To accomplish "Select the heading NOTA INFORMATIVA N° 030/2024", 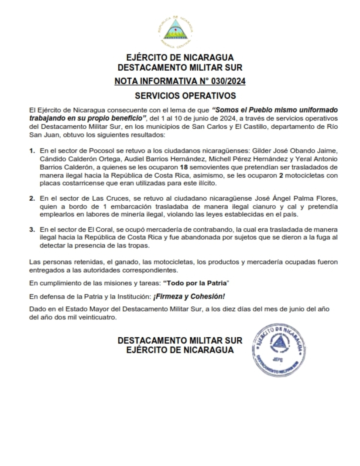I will [180, 81].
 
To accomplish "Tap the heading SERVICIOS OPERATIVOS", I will [180, 96].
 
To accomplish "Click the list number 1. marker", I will [32, 151].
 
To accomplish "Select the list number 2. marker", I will [32, 199].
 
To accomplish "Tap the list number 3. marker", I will [32, 230].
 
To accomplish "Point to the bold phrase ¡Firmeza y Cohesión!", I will [189, 297].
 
